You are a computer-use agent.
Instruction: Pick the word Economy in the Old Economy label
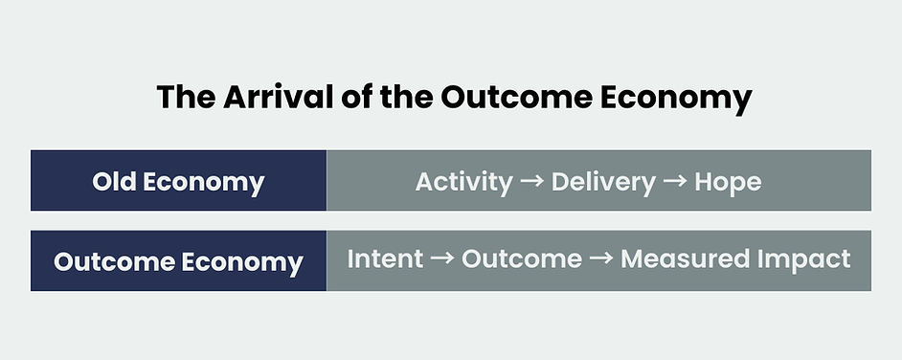pyautogui.click(x=206, y=182)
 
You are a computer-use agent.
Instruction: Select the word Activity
pyautogui.click(x=463, y=182)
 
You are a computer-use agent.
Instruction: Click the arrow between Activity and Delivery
pyautogui.click(x=531, y=182)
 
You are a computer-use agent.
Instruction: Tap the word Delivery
pyautogui.click(x=603, y=182)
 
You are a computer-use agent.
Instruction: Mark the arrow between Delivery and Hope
pyautogui.click(x=675, y=182)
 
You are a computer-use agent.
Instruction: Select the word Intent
pyautogui.click(x=384, y=259)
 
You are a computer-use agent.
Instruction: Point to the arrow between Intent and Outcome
pyautogui.click(x=441, y=259)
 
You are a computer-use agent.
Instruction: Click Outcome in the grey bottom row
pyautogui.click(x=521, y=259)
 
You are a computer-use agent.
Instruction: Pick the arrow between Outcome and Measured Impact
pyautogui.click(x=600, y=259)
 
